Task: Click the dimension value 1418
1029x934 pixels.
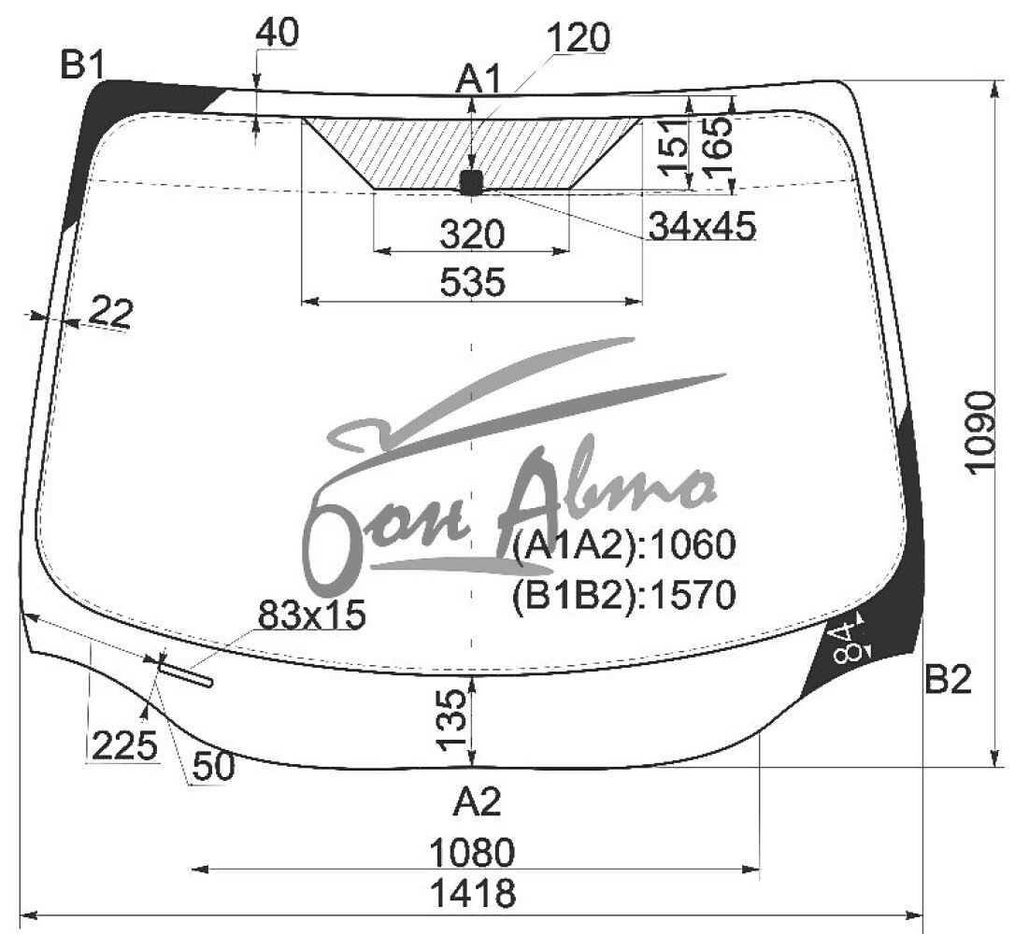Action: tap(473, 893)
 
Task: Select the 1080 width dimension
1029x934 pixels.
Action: tap(473, 853)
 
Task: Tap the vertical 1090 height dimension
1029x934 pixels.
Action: tap(980, 431)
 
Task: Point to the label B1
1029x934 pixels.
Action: tap(82, 65)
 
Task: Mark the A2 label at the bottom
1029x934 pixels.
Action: tap(477, 801)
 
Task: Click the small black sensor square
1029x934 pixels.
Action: tap(471, 182)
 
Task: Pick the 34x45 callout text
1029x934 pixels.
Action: tap(702, 226)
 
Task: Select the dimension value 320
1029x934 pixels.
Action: tap(473, 234)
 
